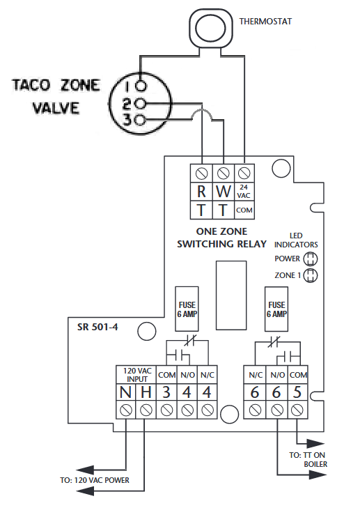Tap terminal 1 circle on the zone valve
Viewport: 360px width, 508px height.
tap(141, 86)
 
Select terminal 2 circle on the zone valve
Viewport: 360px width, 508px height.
tap(141, 104)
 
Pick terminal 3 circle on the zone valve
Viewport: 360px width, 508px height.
tap(141, 121)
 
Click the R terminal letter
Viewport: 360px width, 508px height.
tap(201, 191)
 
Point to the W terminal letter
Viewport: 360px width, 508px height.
tap(223, 191)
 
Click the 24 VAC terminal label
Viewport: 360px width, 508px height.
tap(244, 192)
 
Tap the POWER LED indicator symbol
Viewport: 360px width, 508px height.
tap(310, 259)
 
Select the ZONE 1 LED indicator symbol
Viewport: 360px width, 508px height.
tap(310, 276)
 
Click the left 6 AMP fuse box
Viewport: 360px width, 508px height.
tap(187, 309)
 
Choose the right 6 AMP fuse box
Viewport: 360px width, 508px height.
tap(276, 309)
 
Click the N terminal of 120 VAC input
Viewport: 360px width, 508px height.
tap(125, 392)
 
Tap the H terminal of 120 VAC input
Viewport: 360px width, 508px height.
tap(146, 392)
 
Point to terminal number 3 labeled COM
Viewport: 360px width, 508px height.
tap(166, 392)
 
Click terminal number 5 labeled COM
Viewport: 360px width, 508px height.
tap(297, 392)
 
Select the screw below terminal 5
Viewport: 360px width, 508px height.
tap(297, 410)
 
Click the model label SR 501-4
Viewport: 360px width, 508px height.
tap(97, 327)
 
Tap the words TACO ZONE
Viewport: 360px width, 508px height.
tap(56, 85)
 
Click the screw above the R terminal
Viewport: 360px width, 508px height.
tap(201, 174)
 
